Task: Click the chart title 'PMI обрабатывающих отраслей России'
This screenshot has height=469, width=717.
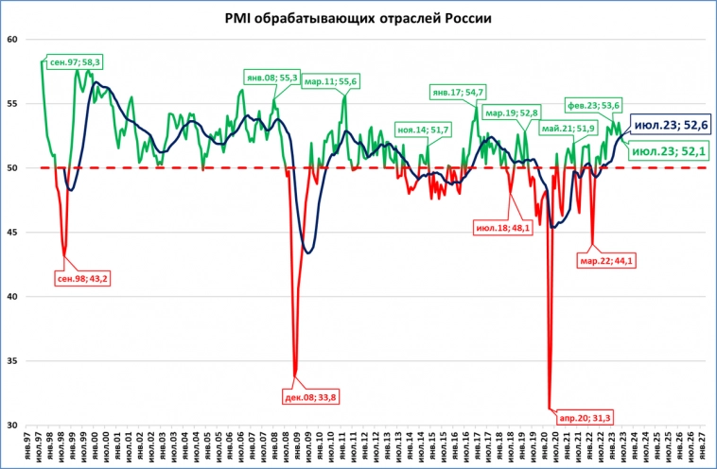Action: [x=358, y=18]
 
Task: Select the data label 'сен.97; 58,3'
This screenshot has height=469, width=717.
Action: [x=76, y=61]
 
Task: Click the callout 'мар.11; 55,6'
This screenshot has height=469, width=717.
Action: [x=330, y=81]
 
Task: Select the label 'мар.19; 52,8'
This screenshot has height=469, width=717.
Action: [x=511, y=113]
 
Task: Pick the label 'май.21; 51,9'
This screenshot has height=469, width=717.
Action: [x=568, y=128]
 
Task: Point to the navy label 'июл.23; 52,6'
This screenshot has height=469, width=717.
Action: [x=671, y=124]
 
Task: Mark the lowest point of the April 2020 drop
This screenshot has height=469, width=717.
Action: [x=550, y=408]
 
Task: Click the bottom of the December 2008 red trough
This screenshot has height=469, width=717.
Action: [x=295, y=376]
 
